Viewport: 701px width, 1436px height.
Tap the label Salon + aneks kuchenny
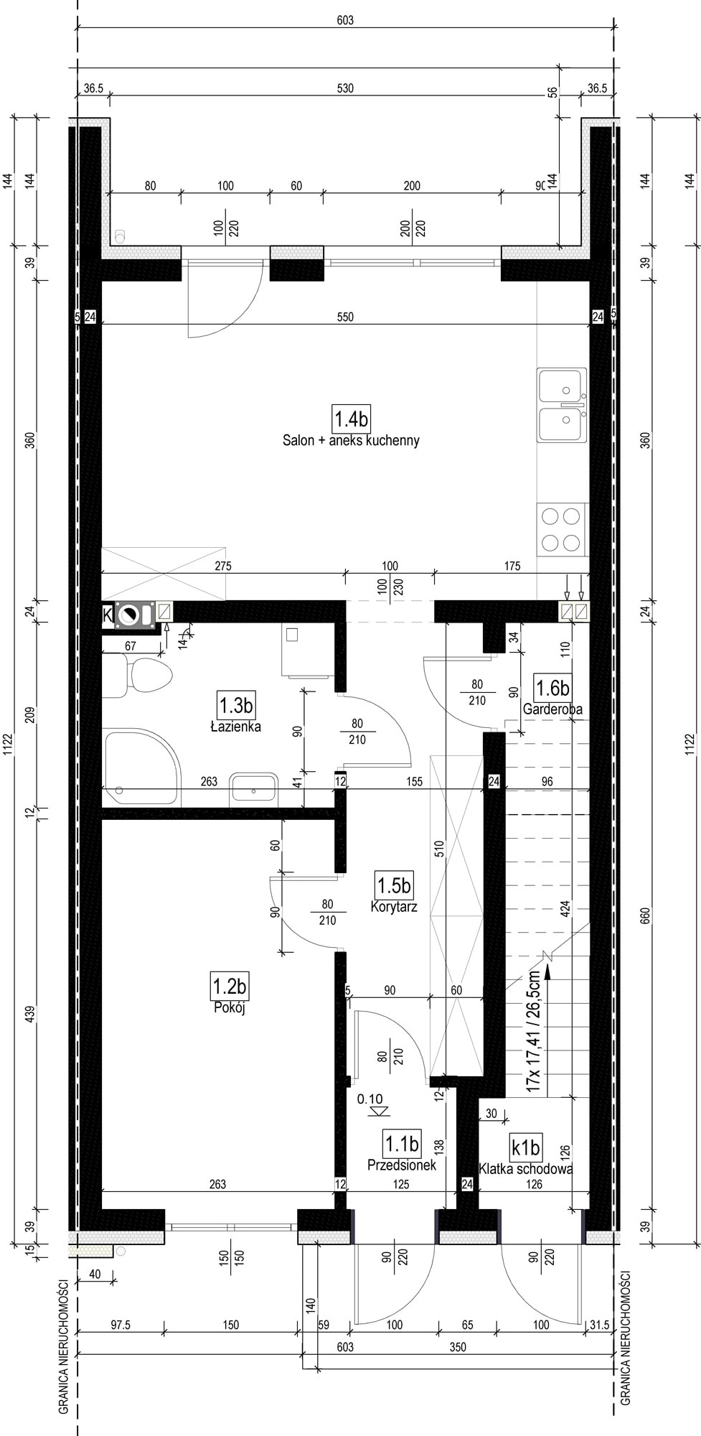click(351, 440)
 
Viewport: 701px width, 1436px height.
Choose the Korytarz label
click(394, 906)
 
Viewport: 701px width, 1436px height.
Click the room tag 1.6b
click(552, 688)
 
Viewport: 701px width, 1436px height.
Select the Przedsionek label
click(402, 1165)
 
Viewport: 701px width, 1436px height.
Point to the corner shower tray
click(141, 768)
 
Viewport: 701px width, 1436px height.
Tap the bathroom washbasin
click(255, 789)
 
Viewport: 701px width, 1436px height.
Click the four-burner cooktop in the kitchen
click(562, 529)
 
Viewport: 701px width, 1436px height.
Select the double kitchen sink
click(562, 406)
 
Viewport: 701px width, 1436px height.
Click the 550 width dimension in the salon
click(345, 317)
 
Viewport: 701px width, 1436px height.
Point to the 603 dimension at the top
click(345, 21)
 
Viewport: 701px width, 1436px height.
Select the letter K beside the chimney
click(108, 614)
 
